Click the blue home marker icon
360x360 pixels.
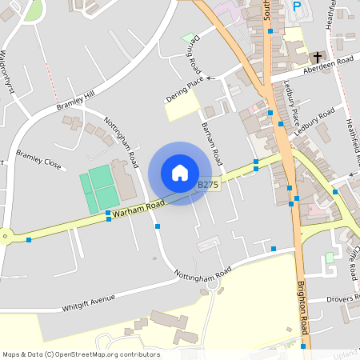coord(179,173)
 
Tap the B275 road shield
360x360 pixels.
coord(208,185)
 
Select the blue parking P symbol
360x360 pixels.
coord(298,6)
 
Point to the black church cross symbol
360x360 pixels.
coord(318,58)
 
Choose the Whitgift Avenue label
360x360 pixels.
coord(88,302)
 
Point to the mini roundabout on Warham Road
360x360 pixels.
coord(6,235)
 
